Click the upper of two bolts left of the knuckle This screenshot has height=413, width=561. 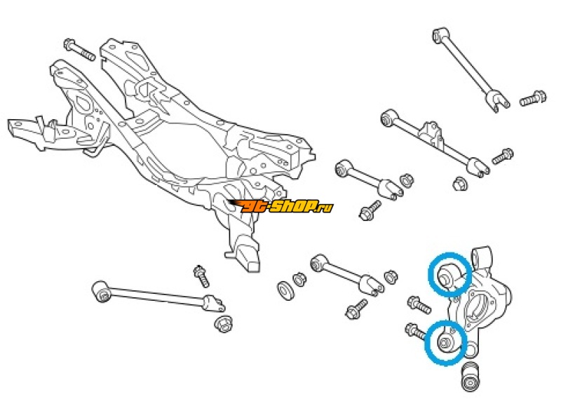[419, 304]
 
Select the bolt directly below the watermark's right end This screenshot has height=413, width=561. [370, 209]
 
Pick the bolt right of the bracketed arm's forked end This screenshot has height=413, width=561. [502, 156]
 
